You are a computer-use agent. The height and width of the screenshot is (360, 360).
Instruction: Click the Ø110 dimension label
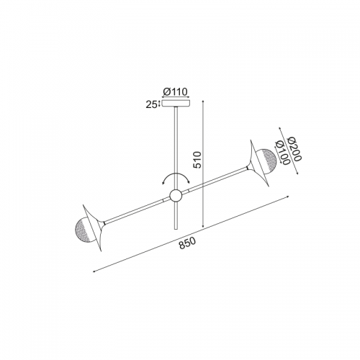175,92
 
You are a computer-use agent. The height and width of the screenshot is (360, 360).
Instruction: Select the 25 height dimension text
152,105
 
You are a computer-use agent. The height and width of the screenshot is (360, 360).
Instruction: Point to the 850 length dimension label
188,243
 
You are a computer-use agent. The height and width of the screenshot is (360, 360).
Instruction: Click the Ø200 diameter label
294,149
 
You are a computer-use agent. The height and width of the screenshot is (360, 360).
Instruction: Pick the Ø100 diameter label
283,153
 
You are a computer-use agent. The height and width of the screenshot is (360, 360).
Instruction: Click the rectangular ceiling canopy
176,104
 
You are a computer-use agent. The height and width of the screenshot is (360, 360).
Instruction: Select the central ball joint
176,196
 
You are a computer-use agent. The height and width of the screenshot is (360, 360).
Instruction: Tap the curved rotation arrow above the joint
176,174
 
